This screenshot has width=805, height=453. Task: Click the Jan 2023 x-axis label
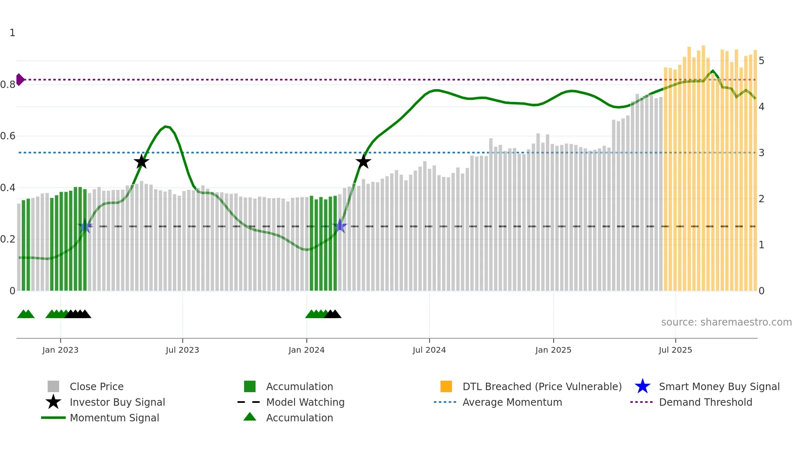tap(60, 350)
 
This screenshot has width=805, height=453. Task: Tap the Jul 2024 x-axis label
tap(429, 350)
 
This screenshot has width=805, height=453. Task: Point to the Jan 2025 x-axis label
tap(553, 350)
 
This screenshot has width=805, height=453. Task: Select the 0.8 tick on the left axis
tap(8, 85)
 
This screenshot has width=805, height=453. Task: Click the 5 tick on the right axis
tap(761, 61)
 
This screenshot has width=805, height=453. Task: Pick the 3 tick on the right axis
tap(761, 153)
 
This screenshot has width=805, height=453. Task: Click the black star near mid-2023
tap(141, 162)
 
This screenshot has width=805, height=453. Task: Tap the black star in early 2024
tap(363, 162)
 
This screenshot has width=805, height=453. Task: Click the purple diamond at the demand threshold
tap(20, 79)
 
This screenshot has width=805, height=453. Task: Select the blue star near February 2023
tap(85, 226)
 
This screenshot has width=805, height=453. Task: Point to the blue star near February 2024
tap(340, 226)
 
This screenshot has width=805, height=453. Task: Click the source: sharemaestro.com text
tap(726, 322)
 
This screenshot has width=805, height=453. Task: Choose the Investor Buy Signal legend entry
tap(117, 402)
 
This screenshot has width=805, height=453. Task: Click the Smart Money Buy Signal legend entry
tap(719, 386)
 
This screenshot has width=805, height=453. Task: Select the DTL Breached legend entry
tap(542, 386)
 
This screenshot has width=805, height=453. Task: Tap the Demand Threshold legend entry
tap(705, 402)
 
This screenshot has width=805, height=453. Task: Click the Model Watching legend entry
tap(305, 402)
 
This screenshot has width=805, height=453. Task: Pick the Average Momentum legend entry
tap(512, 402)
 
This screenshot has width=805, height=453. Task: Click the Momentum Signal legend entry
tap(114, 418)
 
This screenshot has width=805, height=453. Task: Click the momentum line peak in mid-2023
tap(165, 127)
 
